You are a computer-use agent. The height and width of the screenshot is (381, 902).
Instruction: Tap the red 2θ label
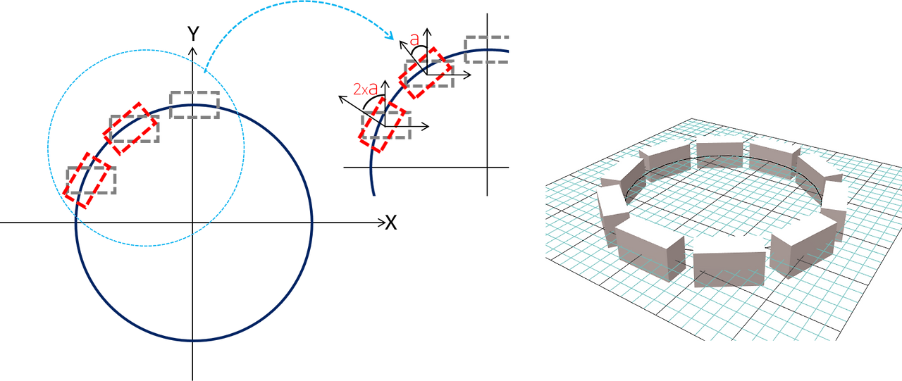pos(365,88)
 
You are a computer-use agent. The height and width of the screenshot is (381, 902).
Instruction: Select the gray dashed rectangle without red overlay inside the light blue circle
pos(194,105)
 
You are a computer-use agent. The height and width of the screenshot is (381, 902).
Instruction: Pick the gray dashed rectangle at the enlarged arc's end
pos(487,49)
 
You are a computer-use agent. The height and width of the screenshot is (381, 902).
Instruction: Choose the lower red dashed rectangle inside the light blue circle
pos(87,180)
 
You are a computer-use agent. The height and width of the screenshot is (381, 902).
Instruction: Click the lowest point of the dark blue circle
pos(192,342)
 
